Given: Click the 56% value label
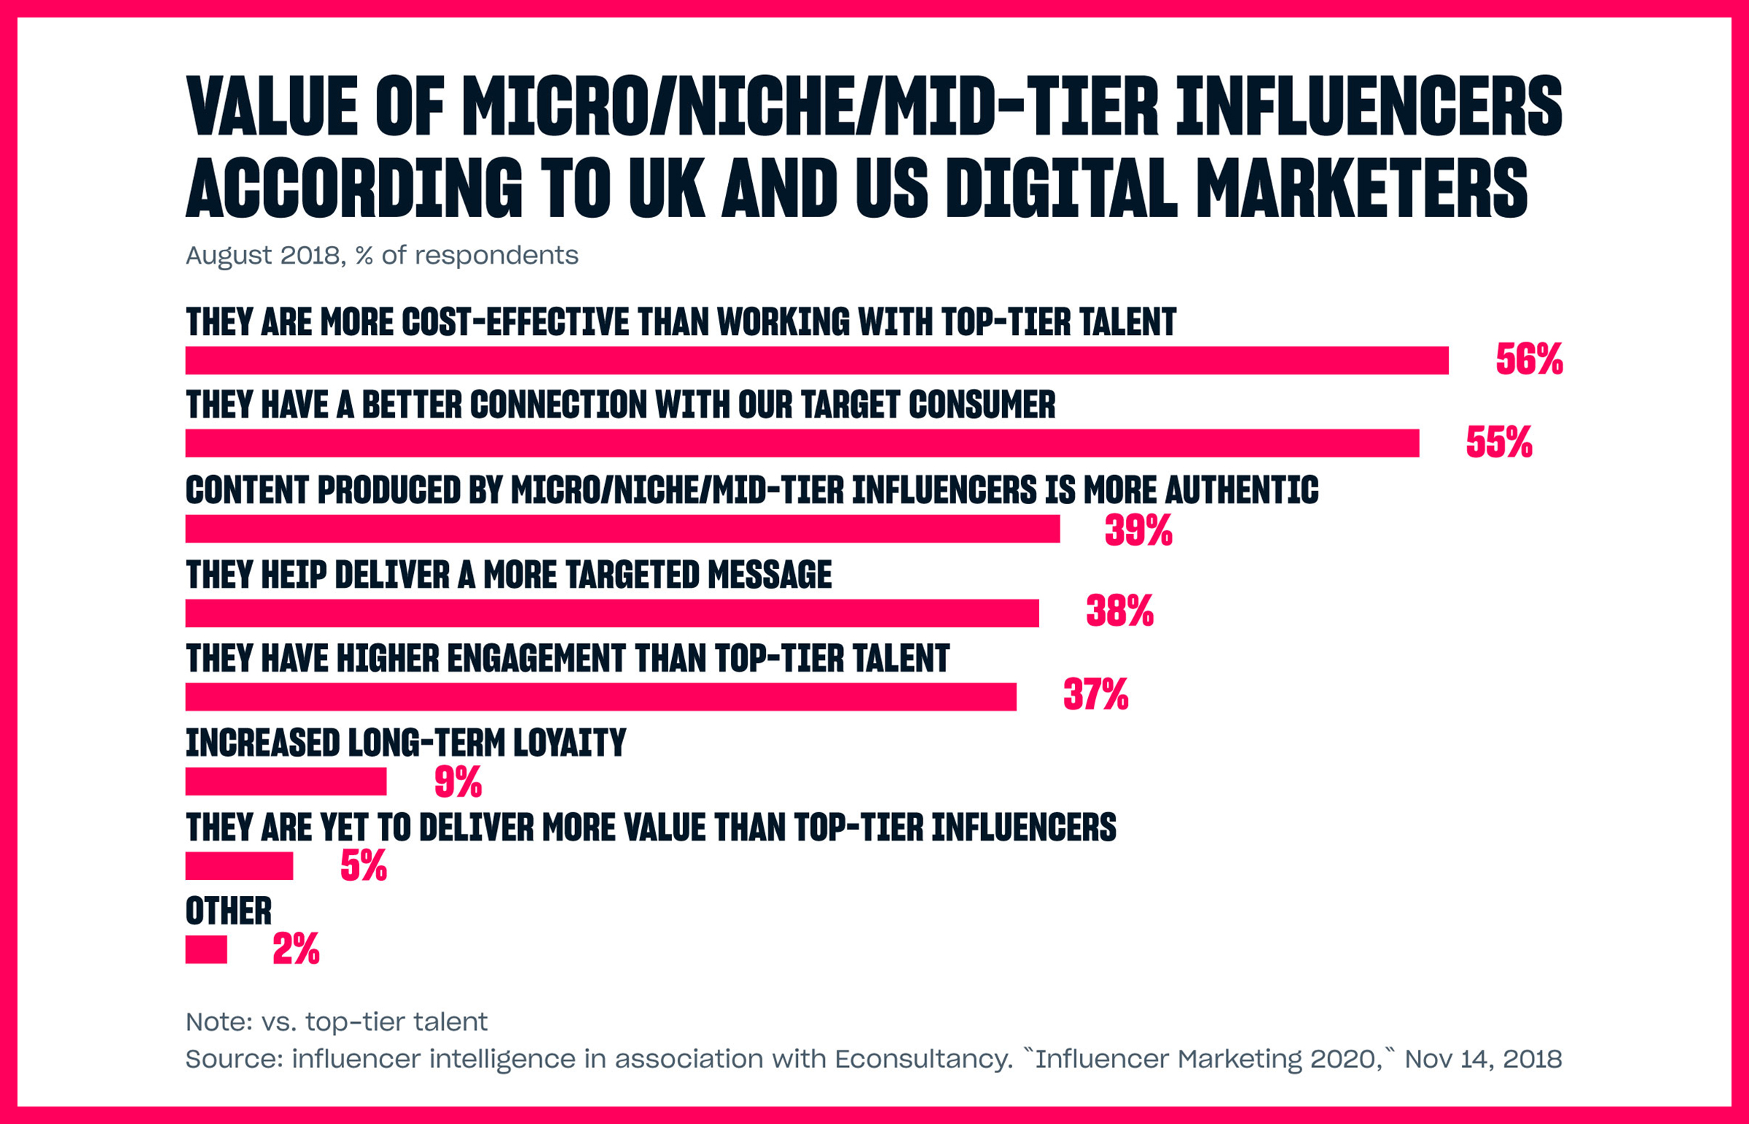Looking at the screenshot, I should coord(1528,359).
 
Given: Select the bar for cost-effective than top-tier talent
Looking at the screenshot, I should coord(816,361).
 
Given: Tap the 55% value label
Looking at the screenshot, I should coord(1498,442).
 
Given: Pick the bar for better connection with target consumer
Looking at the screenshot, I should coord(802,443).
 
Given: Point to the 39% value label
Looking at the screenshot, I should coord(1138,530).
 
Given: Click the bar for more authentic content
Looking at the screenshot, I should coord(622,528).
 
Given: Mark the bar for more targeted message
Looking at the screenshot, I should coord(611,613).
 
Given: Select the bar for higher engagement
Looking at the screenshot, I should coord(600,696).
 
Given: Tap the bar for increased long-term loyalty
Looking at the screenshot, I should coord(286,781).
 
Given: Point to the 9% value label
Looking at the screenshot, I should coord(458,782).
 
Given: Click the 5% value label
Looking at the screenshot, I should coord(363,865).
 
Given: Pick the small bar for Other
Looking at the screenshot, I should coord(206,950).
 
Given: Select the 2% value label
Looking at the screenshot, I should coord(296,949).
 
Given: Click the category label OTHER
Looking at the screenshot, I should coord(229,911).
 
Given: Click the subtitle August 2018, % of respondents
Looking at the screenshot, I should coord(382,256).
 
